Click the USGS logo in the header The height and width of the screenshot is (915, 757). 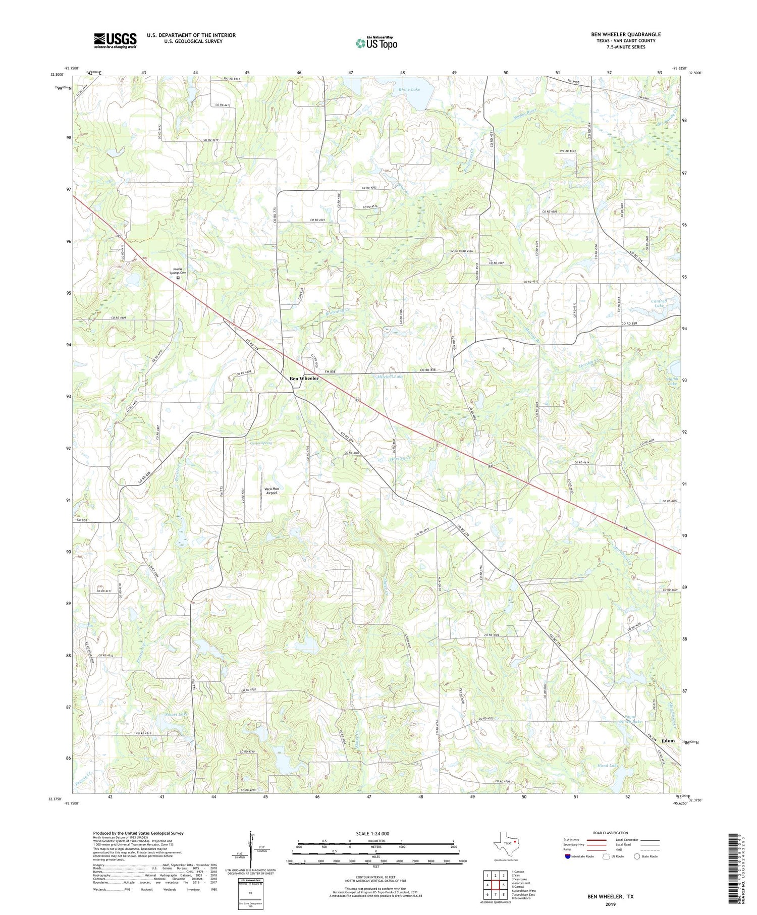click(x=115, y=40)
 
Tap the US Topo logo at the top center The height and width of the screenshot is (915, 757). click(x=376, y=43)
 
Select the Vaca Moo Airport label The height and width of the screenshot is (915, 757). click(x=272, y=491)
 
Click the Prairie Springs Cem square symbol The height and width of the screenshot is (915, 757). click(x=178, y=277)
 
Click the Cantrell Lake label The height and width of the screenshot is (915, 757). click(x=660, y=303)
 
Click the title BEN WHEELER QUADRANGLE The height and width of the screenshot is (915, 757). click(x=626, y=34)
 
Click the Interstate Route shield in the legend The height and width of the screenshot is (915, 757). click(x=567, y=856)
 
